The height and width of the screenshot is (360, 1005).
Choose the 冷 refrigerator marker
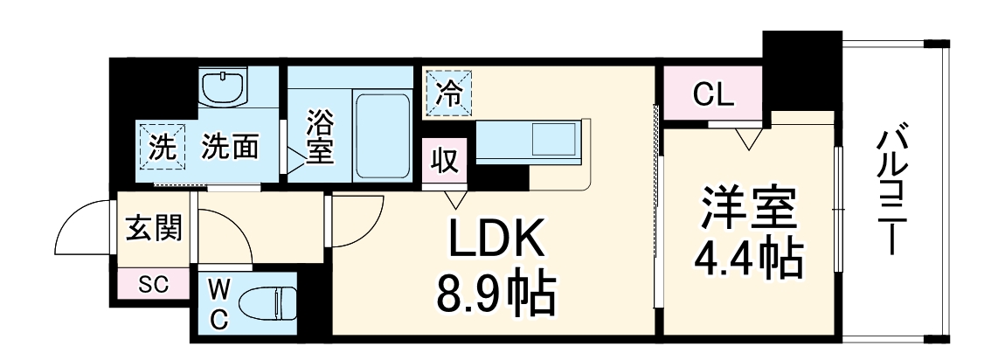pos(447,93)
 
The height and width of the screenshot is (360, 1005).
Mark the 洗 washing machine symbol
pos(161,148)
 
